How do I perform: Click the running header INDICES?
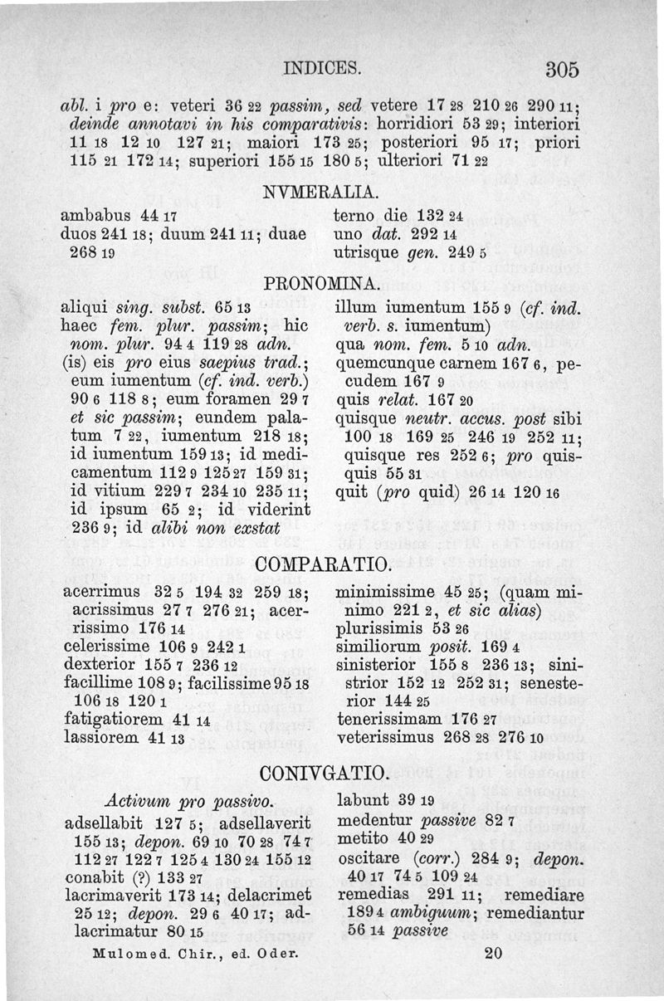[321, 66]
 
